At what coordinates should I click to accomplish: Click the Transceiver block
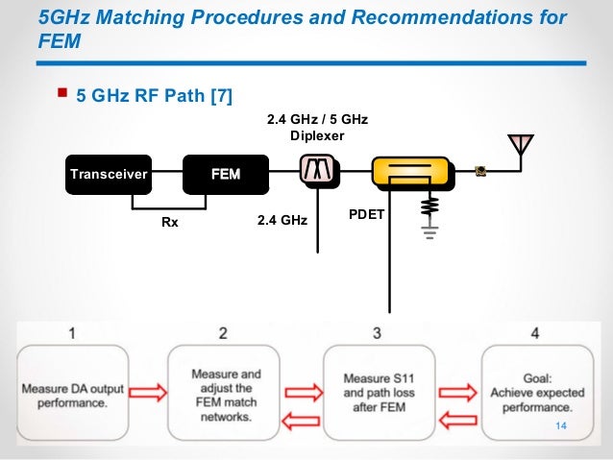[108, 174]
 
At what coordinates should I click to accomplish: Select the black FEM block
[226, 174]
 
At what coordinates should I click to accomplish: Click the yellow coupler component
[410, 173]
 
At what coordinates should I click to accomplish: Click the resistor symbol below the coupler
[429, 206]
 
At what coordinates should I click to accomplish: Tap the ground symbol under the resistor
[429, 230]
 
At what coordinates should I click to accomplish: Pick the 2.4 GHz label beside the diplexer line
[282, 221]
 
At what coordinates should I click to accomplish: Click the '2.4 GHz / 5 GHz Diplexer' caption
[316, 127]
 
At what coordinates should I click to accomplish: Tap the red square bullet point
[62, 93]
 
